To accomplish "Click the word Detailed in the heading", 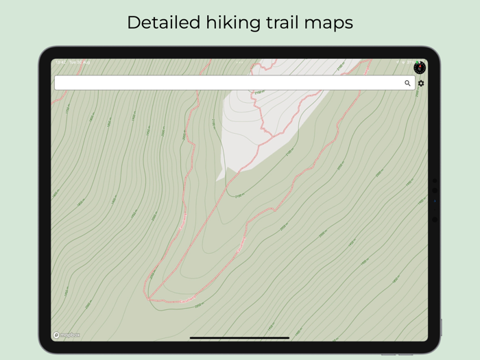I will click(x=163, y=23).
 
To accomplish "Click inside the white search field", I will click(x=226, y=83).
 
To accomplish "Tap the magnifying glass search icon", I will click(x=407, y=83).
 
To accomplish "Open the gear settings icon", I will click(x=421, y=83).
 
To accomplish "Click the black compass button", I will click(x=420, y=67).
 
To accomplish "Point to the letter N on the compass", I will click(x=420, y=64).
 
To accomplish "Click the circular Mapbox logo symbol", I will click(x=57, y=335).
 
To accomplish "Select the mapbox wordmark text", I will click(x=70, y=335).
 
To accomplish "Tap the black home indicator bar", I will click(x=239, y=338).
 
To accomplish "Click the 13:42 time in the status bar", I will click(x=60, y=62).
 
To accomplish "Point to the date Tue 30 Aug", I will click(x=80, y=62).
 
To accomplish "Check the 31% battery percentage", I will click(x=409, y=62).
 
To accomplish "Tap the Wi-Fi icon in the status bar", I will click(x=403, y=62).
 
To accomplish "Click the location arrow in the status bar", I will click(x=397, y=62).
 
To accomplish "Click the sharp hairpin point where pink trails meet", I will click(x=147, y=299).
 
